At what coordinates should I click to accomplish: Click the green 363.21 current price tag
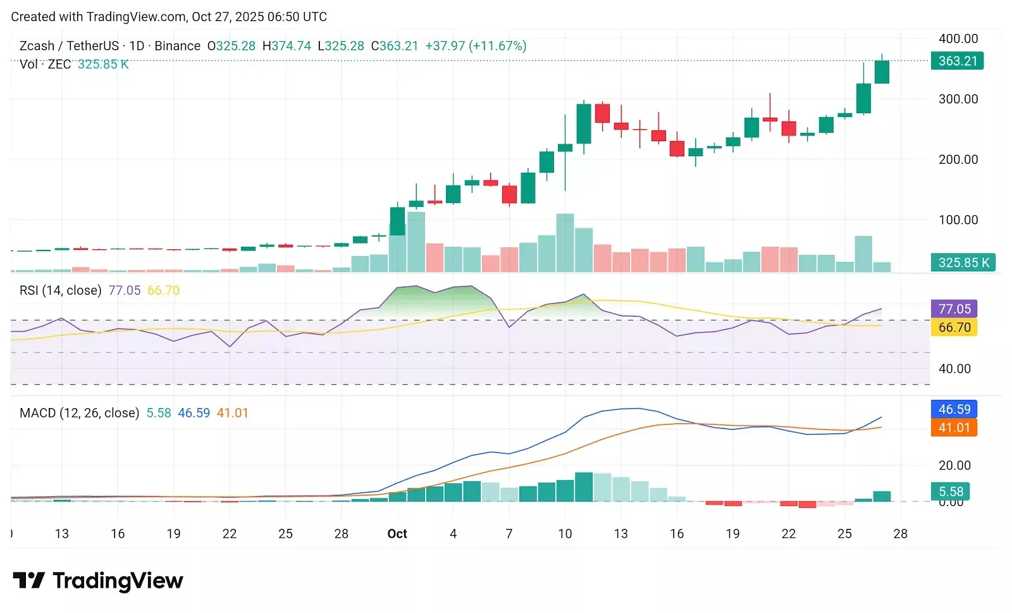pyautogui.click(x=957, y=61)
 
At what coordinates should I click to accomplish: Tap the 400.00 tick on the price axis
pyautogui.click(x=958, y=39)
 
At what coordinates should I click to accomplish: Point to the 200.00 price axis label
pyautogui.click(x=958, y=159)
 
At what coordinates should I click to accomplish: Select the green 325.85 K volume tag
pyautogui.click(x=963, y=263)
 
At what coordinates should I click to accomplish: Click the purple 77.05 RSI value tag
pyautogui.click(x=954, y=309)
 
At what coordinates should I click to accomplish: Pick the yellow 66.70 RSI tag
pyautogui.click(x=954, y=327)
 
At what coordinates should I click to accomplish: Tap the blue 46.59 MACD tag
pyautogui.click(x=954, y=409)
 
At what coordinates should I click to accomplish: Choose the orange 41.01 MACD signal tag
pyautogui.click(x=954, y=428)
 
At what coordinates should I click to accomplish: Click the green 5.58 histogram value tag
pyautogui.click(x=951, y=492)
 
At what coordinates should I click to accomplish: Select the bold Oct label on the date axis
pyautogui.click(x=397, y=534)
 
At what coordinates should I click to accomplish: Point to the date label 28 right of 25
pyautogui.click(x=900, y=534)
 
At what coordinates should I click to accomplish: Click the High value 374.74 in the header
pyautogui.click(x=287, y=46)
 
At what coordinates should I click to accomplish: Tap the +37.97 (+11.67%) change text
pyautogui.click(x=476, y=46)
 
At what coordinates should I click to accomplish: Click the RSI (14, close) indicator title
pyautogui.click(x=60, y=290)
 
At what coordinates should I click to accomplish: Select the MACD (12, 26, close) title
pyautogui.click(x=79, y=413)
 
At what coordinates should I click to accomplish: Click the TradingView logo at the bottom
pyautogui.click(x=98, y=581)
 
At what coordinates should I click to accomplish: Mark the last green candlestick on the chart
pyautogui.click(x=882, y=71)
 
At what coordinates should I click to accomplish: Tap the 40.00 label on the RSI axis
pyautogui.click(x=954, y=369)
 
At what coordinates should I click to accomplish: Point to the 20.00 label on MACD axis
pyautogui.click(x=954, y=466)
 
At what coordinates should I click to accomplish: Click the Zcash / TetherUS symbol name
pyautogui.click(x=69, y=46)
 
